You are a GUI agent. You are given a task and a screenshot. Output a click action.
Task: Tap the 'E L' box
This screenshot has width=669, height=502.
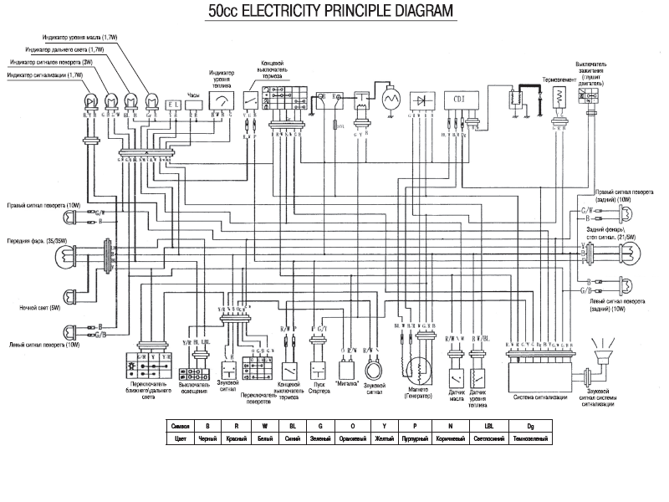click(x=174, y=105)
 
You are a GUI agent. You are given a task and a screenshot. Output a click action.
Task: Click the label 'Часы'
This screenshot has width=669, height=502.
click(x=195, y=95)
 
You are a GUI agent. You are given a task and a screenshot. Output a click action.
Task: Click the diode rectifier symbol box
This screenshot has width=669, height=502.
click(x=424, y=100)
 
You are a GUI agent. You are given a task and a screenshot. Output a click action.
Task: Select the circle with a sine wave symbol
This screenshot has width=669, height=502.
click(x=390, y=99)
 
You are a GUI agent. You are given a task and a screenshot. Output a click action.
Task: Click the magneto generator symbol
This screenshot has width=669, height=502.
click(x=415, y=369)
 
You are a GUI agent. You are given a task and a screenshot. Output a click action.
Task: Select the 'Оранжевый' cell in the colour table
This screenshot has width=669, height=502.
click(x=352, y=438)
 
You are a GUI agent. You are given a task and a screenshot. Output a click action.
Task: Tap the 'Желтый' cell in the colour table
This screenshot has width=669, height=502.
click(x=386, y=438)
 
